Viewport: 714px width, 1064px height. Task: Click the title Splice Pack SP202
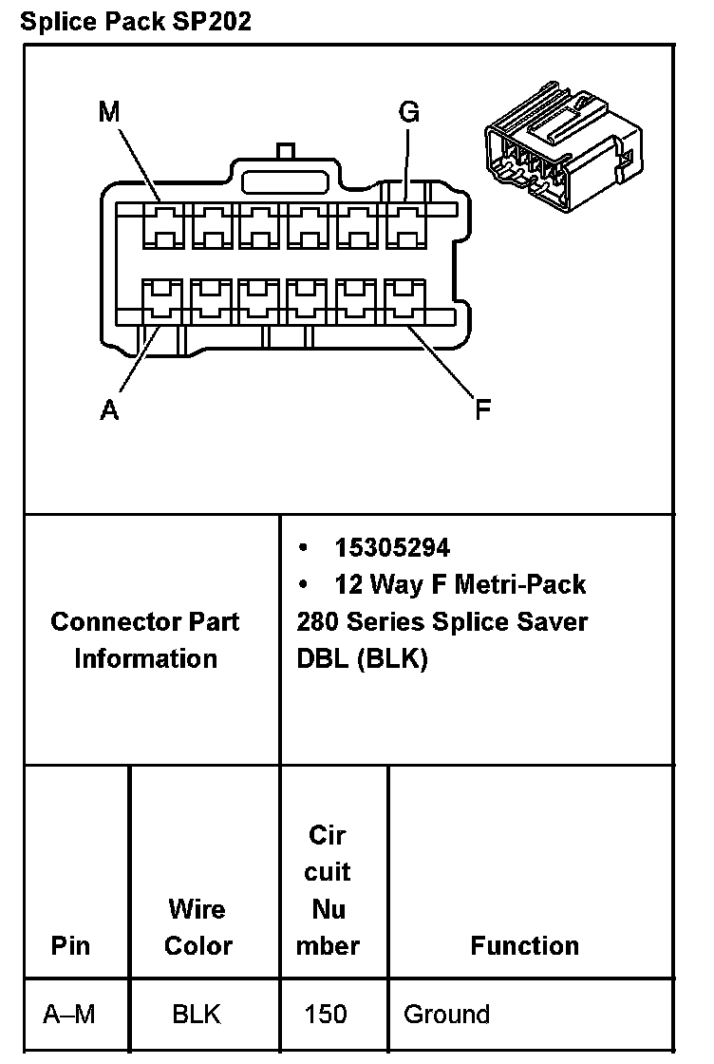point(136,21)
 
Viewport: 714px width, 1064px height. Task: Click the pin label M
point(110,112)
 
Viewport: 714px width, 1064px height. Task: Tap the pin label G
point(409,112)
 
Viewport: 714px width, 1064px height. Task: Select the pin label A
point(110,410)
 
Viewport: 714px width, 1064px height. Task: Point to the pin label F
point(483,410)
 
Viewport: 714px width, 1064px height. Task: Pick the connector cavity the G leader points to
point(405,224)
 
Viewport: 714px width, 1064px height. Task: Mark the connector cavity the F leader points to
point(405,302)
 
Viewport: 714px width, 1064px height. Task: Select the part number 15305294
point(392,547)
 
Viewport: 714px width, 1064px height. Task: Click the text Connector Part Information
point(145,639)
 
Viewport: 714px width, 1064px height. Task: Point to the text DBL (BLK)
point(362,658)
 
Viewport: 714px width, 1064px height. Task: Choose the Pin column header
point(71,945)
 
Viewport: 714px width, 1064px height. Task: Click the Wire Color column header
point(197,927)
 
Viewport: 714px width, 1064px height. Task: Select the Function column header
point(524,945)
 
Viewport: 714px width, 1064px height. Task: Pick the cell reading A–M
point(69,1015)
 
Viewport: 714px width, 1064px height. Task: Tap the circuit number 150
point(325,1015)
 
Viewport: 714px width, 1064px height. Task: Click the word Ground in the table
point(446,1015)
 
